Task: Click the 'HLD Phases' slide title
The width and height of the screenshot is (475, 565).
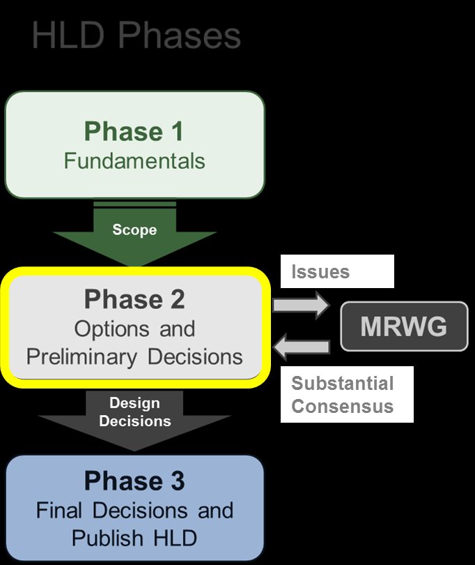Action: point(136,35)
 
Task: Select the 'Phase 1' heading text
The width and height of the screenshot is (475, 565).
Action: point(134,131)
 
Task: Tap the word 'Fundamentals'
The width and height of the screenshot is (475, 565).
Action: point(134,160)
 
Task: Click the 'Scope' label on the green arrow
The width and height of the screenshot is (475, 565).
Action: point(134,229)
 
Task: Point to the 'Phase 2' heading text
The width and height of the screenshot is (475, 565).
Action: point(134,299)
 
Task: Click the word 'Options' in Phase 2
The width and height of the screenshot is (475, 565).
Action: point(111,329)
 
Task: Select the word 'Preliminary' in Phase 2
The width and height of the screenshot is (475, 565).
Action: point(81,357)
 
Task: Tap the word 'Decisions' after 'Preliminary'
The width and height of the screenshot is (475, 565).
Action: point(195,356)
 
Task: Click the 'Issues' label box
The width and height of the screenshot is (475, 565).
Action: point(337,271)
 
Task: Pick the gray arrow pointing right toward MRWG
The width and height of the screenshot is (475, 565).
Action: point(301,305)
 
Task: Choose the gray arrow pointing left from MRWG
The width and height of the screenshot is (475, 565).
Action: point(301,347)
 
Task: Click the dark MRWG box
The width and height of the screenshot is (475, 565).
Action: point(404,326)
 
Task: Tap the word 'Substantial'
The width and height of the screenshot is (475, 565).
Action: point(342,383)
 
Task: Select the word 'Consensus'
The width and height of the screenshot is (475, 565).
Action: point(342,406)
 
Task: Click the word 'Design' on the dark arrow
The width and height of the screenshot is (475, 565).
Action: point(134,403)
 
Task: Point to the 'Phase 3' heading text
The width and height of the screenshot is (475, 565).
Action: point(134,481)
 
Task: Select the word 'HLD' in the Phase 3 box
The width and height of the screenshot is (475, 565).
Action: point(176,538)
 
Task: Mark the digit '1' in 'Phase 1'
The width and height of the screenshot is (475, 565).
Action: point(178,131)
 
